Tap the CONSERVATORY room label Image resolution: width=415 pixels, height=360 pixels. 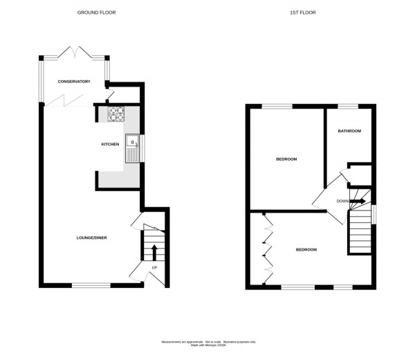74,82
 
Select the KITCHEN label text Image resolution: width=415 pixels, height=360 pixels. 111,145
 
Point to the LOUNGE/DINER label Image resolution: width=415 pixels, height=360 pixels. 91,238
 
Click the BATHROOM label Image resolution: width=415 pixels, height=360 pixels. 349,131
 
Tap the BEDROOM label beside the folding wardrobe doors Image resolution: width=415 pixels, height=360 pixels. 306,249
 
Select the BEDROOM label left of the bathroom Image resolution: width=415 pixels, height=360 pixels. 286,159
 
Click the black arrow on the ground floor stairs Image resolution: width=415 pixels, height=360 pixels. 154,251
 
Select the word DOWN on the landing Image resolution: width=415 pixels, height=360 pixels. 342,201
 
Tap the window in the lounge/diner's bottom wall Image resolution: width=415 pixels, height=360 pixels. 91,285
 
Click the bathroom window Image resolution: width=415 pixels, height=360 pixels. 347,106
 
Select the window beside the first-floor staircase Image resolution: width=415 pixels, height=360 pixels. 373,214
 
